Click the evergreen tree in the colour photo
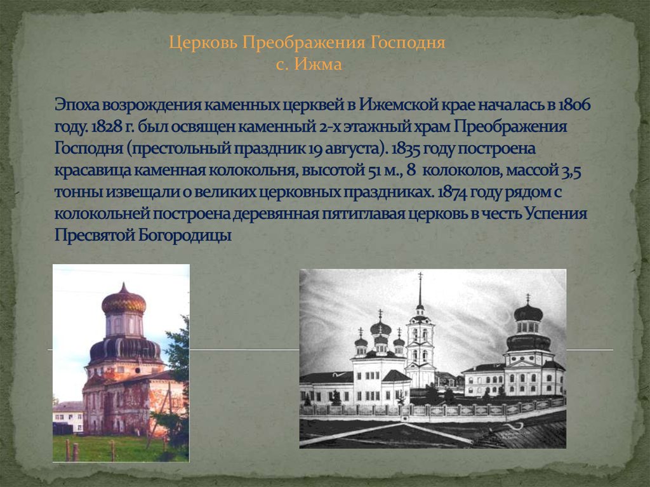179,356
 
